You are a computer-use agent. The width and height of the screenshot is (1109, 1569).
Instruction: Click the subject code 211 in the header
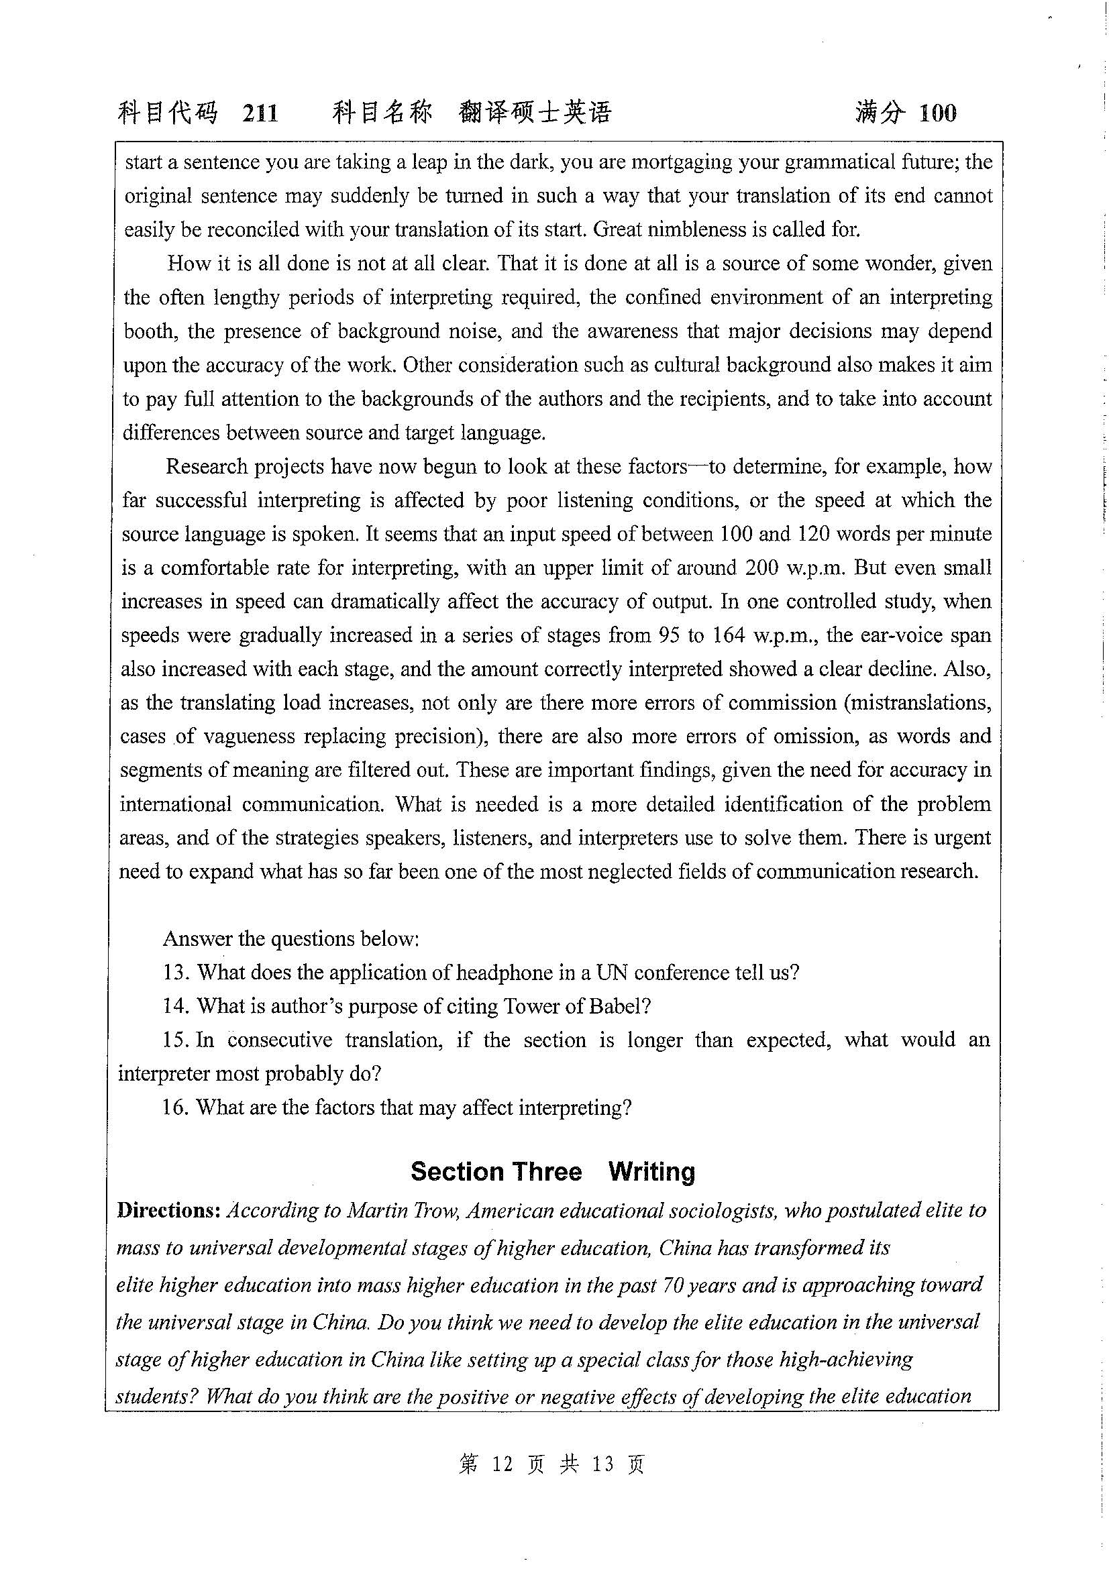[x=260, y=112]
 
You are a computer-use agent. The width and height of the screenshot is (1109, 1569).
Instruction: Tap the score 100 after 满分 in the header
[x=937, y=112]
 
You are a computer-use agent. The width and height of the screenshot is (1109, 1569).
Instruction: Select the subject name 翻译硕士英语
[x=535, y=112]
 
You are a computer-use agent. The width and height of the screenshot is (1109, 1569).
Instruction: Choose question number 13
[x=176, y=973]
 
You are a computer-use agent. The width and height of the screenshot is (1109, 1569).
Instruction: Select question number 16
[x=175, y=1107]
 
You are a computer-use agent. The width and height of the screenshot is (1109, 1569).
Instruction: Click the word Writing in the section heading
[x=651, y=1171]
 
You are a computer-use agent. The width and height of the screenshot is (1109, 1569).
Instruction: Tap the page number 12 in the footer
[x=502, y=1464]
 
